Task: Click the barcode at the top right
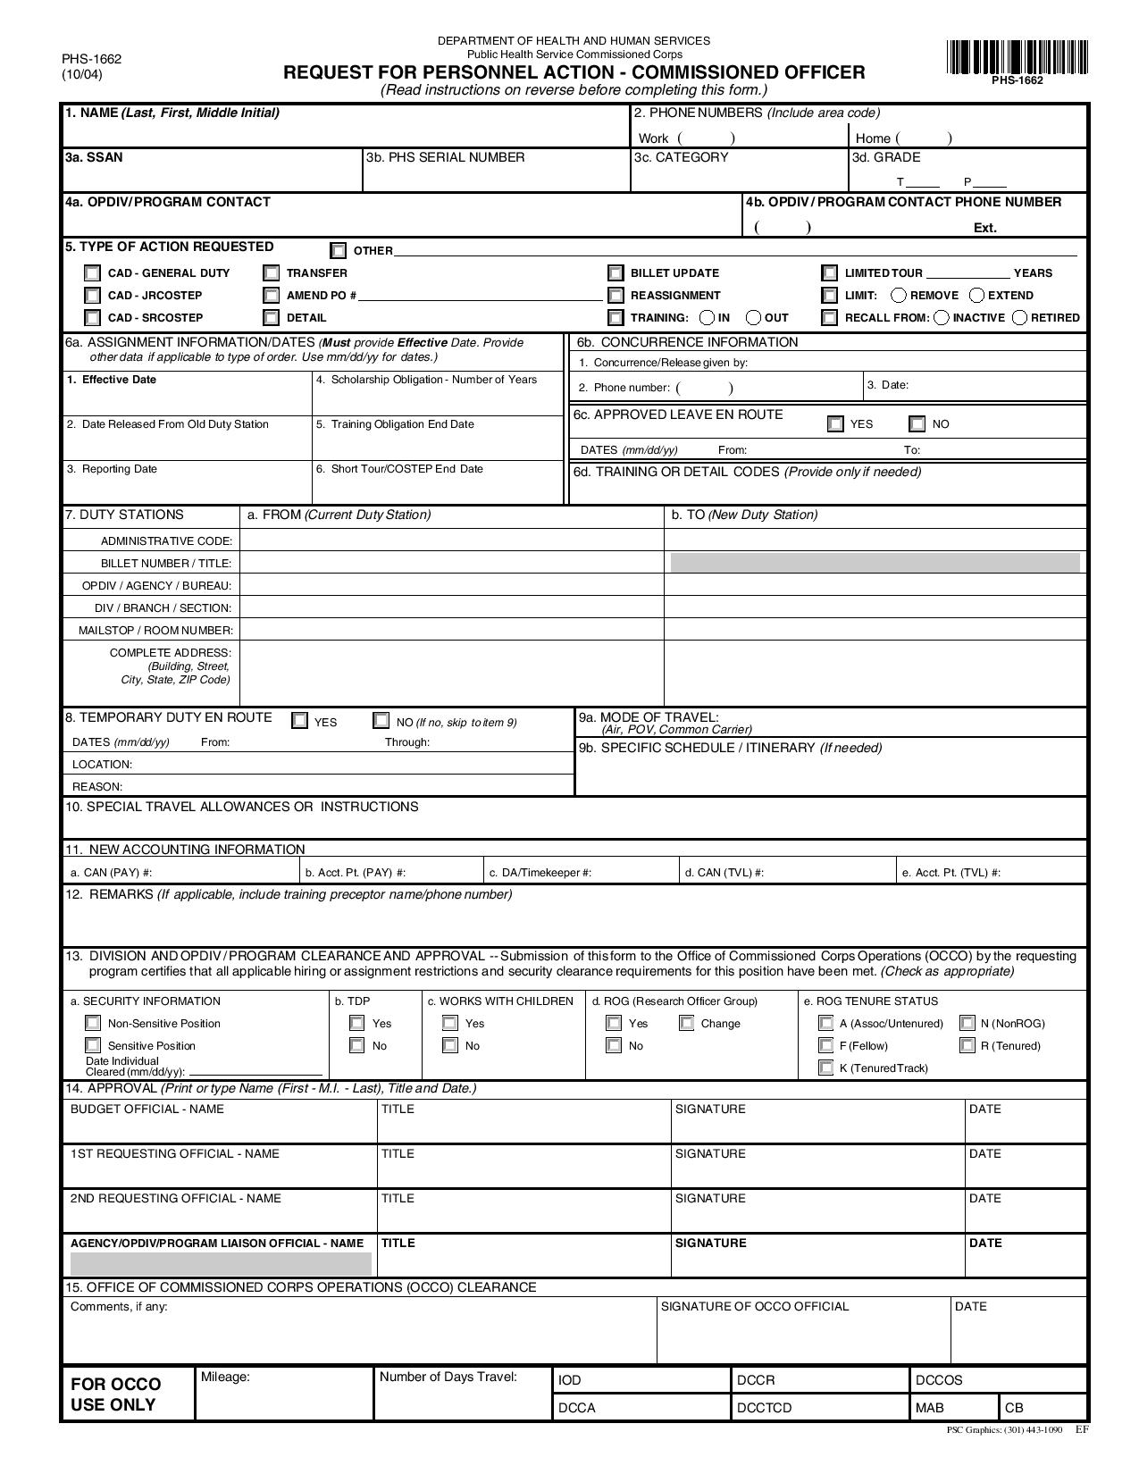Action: pos(1017,58)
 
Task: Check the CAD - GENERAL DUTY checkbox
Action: pos(93,273)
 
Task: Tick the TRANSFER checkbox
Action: pos(272,273)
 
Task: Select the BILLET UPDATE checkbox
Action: pos(616,273)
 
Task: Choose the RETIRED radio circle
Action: pos(1019,318)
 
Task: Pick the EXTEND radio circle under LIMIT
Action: pos(976,296)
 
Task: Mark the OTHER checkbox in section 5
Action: pos(339,251)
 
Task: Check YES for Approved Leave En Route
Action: pos(835,424)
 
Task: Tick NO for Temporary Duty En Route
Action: pos(381,721)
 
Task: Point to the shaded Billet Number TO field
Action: pos(875,563)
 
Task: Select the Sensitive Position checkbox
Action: pos(93,1045)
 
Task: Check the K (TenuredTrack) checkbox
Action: pos(826,1068)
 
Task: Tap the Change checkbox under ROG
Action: pos(687,1024)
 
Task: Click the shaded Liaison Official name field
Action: pos(221,1263)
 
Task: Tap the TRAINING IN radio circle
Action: pos(707,318)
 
